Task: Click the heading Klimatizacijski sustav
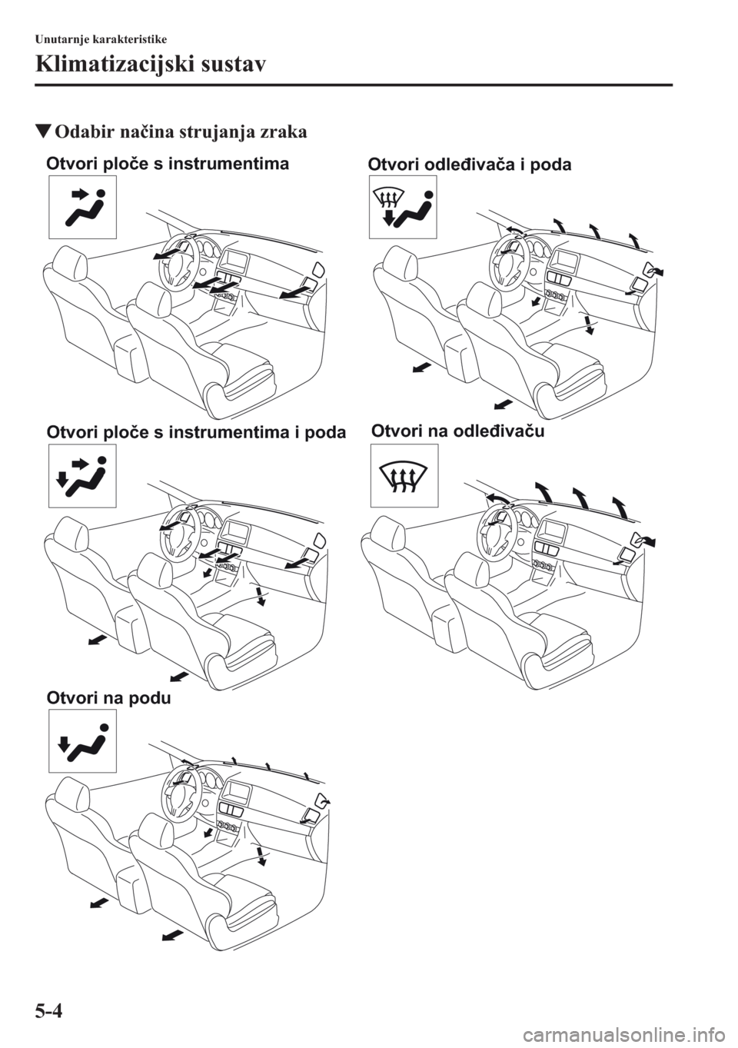click(151, 65)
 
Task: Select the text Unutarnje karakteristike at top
click(101, 39)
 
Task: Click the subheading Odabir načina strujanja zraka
click(172, 133)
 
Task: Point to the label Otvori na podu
click(109, 699)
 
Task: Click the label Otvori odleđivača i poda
click(470, 165)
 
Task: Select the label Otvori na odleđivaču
click(458, 431)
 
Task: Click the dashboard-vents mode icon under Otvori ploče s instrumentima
click(82, 208)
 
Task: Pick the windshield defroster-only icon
click(404, 475)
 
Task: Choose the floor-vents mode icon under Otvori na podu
click(82, 740)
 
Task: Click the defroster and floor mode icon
click(403, 208)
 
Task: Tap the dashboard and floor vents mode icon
click(82, 475)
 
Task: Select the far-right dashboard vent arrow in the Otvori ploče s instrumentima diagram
click(291, 292)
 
